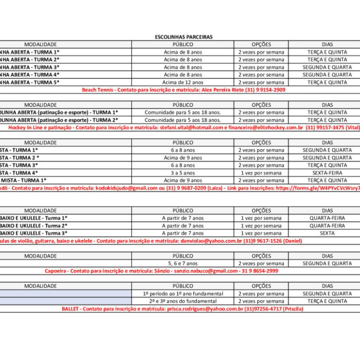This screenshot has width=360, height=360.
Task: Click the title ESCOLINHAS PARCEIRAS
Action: tap(184, 37)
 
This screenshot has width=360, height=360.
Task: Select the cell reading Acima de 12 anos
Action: tap(183, 82)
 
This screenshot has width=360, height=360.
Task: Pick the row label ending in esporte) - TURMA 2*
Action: tap(59, 120)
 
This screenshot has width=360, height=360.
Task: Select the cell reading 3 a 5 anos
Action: tap(183, 173)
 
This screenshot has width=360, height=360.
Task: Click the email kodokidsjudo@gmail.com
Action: tap(127, 188)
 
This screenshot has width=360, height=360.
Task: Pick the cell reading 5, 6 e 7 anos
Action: tap(183, 263)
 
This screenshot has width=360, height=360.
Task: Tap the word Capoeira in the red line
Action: tap(56, 271)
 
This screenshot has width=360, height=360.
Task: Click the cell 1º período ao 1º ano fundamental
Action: tap(183, 294)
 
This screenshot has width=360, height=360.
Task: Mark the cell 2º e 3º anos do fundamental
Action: tap(183, 301)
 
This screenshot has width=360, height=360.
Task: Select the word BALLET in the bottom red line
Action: tap(70, 309)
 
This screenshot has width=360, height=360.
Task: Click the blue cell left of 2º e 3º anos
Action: tap(65, 301)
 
